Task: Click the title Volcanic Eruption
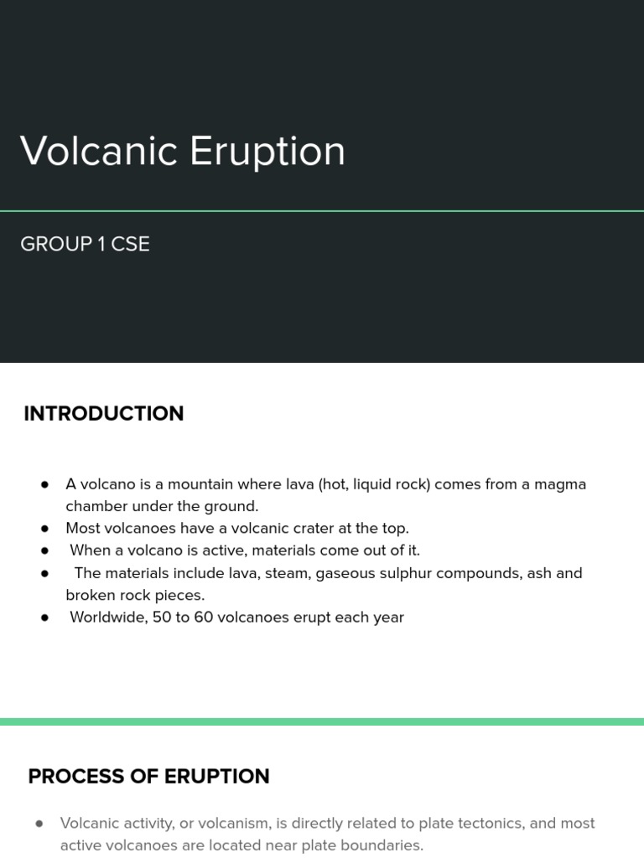pos(183,152)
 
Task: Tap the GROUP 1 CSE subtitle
pos(85,245)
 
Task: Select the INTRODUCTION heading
pos(104,414)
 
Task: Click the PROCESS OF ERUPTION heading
pos(148,777)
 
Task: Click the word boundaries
pos(382,845)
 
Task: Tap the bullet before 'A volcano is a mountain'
pos(45,484)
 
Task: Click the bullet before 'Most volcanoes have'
pos(45,529)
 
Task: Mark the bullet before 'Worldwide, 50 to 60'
pos(45,618)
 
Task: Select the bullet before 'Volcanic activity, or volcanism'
pos(39,824)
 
